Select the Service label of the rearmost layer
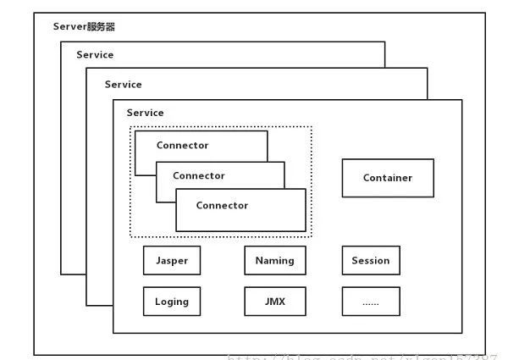[95, 55]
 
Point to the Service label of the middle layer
[123, 85]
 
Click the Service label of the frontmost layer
[145, 113]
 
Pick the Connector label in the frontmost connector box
[222, 205]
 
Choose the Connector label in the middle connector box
[198, 176]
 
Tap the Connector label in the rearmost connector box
[182, 146]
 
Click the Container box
[388, 178]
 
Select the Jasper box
[172, 261]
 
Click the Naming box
[274, 261]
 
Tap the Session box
[371, 261]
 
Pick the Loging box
[172, 301]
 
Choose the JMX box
[274, 301]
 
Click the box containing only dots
[371, 301]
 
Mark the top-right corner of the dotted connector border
[312, 127]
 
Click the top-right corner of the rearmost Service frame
[384, 42]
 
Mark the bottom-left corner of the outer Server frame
[35, 355]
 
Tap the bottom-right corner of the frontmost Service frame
[462, 333]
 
